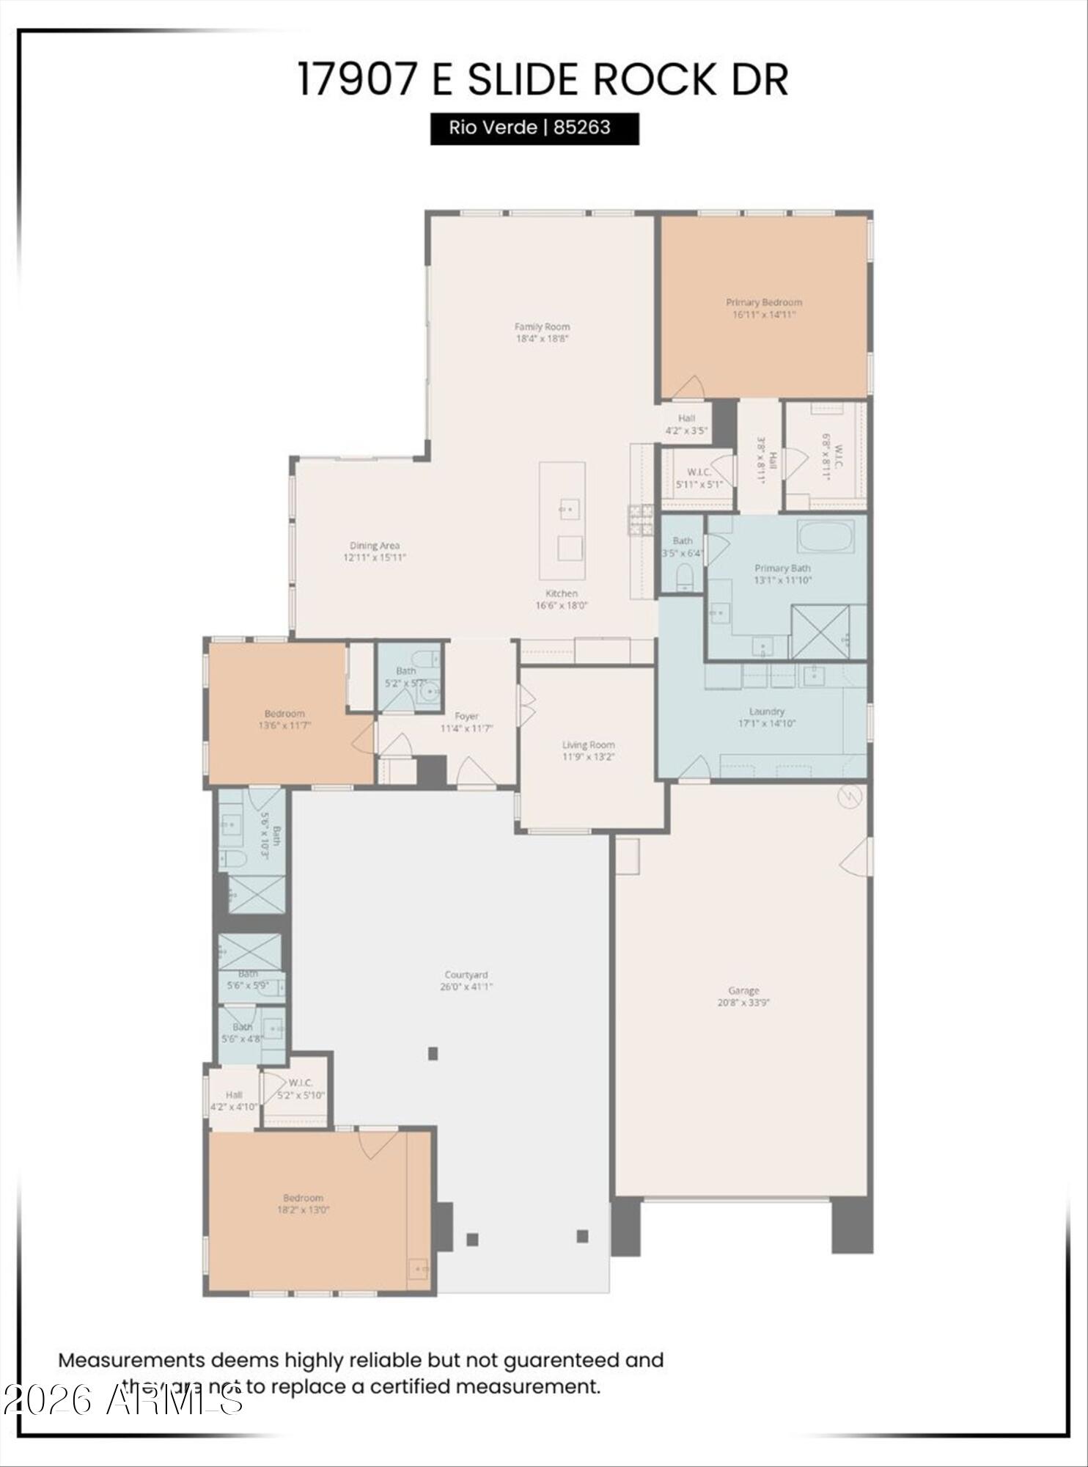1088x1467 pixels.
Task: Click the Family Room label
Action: tap(542, 327)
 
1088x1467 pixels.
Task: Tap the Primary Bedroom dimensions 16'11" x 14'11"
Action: tap(764, 315)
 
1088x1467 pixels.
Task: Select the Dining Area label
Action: tap(374, 546)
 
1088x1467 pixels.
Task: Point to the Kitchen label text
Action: tap(561, 593)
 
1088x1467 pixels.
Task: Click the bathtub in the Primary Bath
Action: tap(826, 537)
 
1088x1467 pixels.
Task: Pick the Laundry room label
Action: tap(767, 711)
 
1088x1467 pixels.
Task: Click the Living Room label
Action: tap(588, 745)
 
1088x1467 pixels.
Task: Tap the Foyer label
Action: tap(466, 717)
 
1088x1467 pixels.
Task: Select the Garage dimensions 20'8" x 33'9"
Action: tap(743, 1003)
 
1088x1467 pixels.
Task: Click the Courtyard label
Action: tap(466, 975)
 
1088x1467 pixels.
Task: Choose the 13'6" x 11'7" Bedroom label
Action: tap(284, 714)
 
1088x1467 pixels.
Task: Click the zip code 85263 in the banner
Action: tap(581, 128)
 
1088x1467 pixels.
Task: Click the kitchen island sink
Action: tap(569, 508)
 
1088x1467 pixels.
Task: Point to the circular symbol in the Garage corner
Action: tap(849, 795)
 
